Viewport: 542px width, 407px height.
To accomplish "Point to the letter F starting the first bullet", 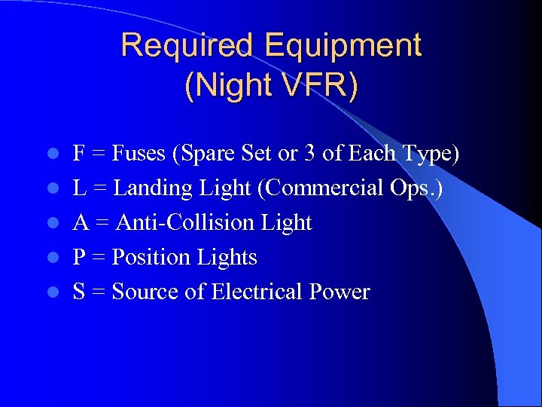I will [78, 154].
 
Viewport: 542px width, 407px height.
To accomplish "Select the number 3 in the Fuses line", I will [309, 154].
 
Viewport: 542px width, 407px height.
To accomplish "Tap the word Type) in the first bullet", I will [428, 154].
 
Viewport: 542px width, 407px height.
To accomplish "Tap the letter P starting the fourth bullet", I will [78, 257].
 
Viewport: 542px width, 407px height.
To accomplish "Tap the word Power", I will [339, 292].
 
